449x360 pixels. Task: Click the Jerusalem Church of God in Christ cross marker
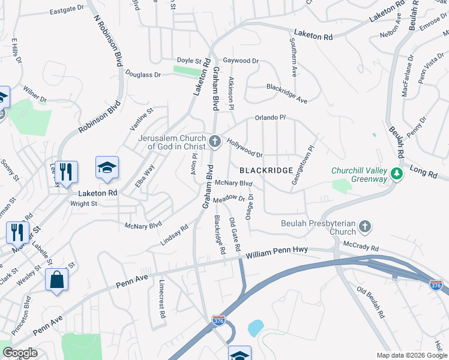tap(215, 142)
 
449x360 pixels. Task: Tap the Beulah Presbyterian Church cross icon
tap(365, 227)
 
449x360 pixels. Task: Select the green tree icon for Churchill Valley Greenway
tap(396, 174)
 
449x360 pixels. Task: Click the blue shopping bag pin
tap(56, 280)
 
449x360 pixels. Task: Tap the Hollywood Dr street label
tap(244, 146)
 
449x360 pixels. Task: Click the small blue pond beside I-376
tap(255, 328)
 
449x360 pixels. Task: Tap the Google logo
tap(20, 353)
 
